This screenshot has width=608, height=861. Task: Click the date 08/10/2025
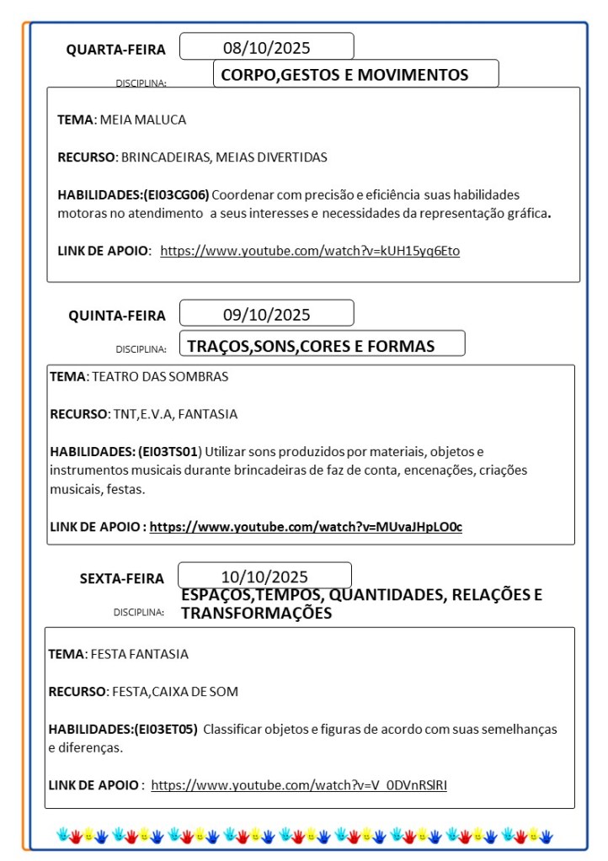click(266, 47)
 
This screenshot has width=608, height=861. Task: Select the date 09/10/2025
click(266, 315)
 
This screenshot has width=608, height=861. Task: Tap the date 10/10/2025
click(264, 577)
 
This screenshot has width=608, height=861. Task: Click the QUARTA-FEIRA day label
click(116, 50)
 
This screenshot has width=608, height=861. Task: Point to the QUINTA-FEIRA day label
click(117, 316)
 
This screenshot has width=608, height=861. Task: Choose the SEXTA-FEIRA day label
click(123, 578)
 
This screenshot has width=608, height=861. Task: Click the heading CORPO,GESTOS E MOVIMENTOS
click(344, 75)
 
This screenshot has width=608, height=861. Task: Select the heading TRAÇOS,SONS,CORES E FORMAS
click(311, 346)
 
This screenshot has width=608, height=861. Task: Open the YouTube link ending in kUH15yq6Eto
click(310, 250)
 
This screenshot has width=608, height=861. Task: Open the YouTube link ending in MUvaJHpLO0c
click(306, 527)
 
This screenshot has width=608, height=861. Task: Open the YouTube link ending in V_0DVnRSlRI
click(299, 785)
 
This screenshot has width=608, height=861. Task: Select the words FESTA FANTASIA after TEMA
click(139, 654)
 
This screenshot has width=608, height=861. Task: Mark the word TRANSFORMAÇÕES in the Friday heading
click(257, 614)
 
